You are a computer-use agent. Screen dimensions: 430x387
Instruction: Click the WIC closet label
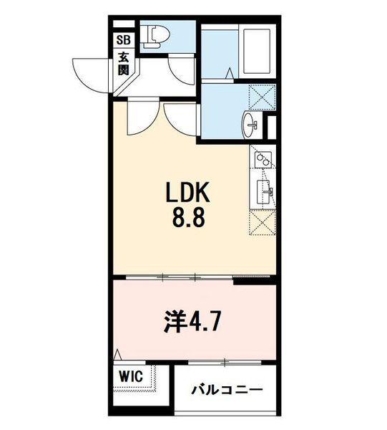tap(131, 375)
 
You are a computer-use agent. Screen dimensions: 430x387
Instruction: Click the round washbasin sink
tap(252, 125)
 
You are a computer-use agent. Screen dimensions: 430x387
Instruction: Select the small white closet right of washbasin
tap(273, 128)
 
